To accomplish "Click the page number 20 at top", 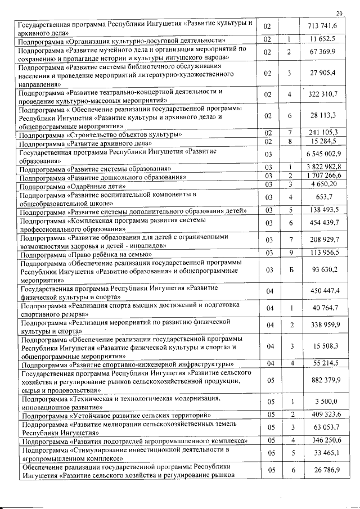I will (x=339, y=13).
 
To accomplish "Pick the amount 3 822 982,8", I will (x=321, y=168).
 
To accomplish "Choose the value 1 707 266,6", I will (x=321, y=176).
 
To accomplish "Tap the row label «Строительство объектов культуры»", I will (x=100, y=135).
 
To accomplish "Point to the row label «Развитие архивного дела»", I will (x=86, y=144).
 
